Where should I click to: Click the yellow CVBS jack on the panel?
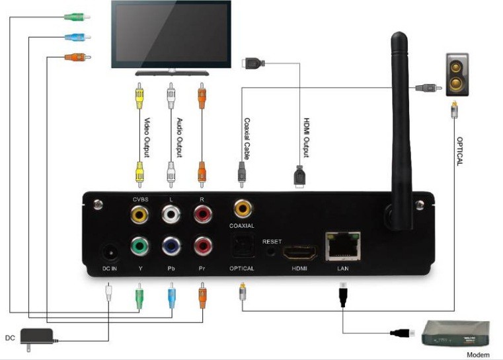[x=139, y=213]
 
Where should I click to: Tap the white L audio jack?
[x=171, y=213]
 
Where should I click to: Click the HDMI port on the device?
[x=300, y=252]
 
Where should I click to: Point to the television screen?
[x=169, y=32]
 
